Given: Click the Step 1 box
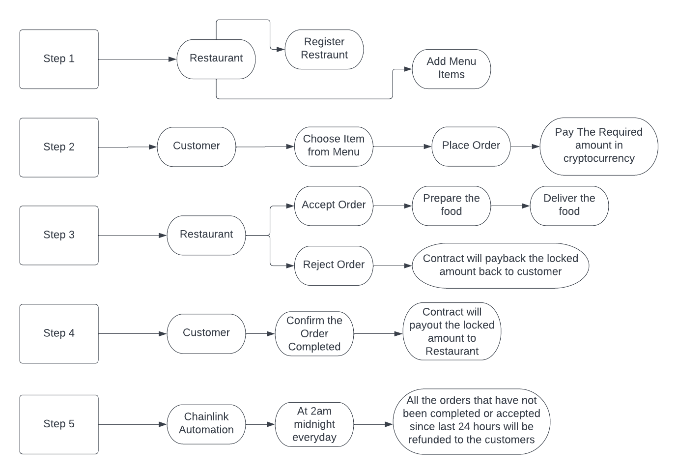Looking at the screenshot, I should (59, 59).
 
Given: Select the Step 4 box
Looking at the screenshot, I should (59, 333).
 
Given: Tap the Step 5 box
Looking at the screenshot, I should (59, 424).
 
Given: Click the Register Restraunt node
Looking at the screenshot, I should (324, 49).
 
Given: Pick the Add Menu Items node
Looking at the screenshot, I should (451, 68).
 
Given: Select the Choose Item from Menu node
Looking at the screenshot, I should (334, 146).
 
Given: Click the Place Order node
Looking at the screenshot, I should (471, 146).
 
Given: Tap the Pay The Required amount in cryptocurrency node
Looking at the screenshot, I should (598, 146).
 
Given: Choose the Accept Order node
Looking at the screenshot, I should (334, 205).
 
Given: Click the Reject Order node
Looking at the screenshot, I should (334, 265).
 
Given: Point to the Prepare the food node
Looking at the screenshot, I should (451, 205).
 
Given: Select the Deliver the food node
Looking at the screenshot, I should (569, 205).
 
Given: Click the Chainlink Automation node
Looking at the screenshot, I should (206, 423).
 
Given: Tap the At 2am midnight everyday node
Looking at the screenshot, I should (314, 424).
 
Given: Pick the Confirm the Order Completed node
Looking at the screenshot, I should (314, 333).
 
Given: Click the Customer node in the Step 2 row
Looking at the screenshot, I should (196, 146).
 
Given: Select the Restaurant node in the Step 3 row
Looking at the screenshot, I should (206, 235).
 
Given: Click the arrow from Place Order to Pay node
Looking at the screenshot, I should (525, 147).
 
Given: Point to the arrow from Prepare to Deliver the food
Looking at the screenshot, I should (510, 206).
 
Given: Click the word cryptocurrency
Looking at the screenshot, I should (599, 159).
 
